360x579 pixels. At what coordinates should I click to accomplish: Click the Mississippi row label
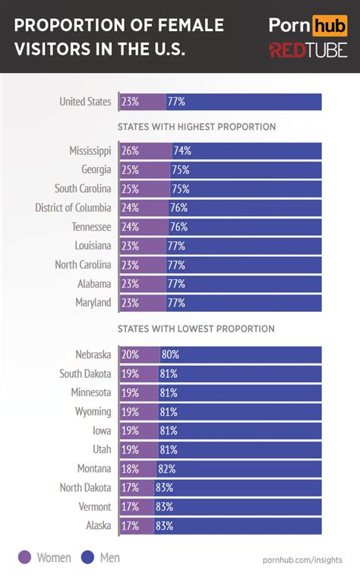[x=90, y=151]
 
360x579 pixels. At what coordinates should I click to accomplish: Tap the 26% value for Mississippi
[x=130, y=151]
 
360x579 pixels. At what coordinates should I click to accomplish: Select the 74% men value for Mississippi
[x=182, y=151]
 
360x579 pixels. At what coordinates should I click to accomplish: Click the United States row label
[x=85, y=102]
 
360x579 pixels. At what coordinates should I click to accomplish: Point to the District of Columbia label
[x=73, y=208]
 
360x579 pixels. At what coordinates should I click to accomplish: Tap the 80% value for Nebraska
[x=169, y=354]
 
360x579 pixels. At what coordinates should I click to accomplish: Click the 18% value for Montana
[x=130, y=468]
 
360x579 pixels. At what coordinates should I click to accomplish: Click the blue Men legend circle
[x=89, y=558]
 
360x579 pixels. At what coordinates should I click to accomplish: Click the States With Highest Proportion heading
[x=196, y=127]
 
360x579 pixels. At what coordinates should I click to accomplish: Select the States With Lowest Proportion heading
[x=196, y=329]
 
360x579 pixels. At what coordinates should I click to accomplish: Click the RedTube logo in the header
[x=308, y=50]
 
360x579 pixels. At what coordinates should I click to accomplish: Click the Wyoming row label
[x=93, y=411]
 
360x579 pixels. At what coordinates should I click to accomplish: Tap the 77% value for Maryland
[x=176, y=303]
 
